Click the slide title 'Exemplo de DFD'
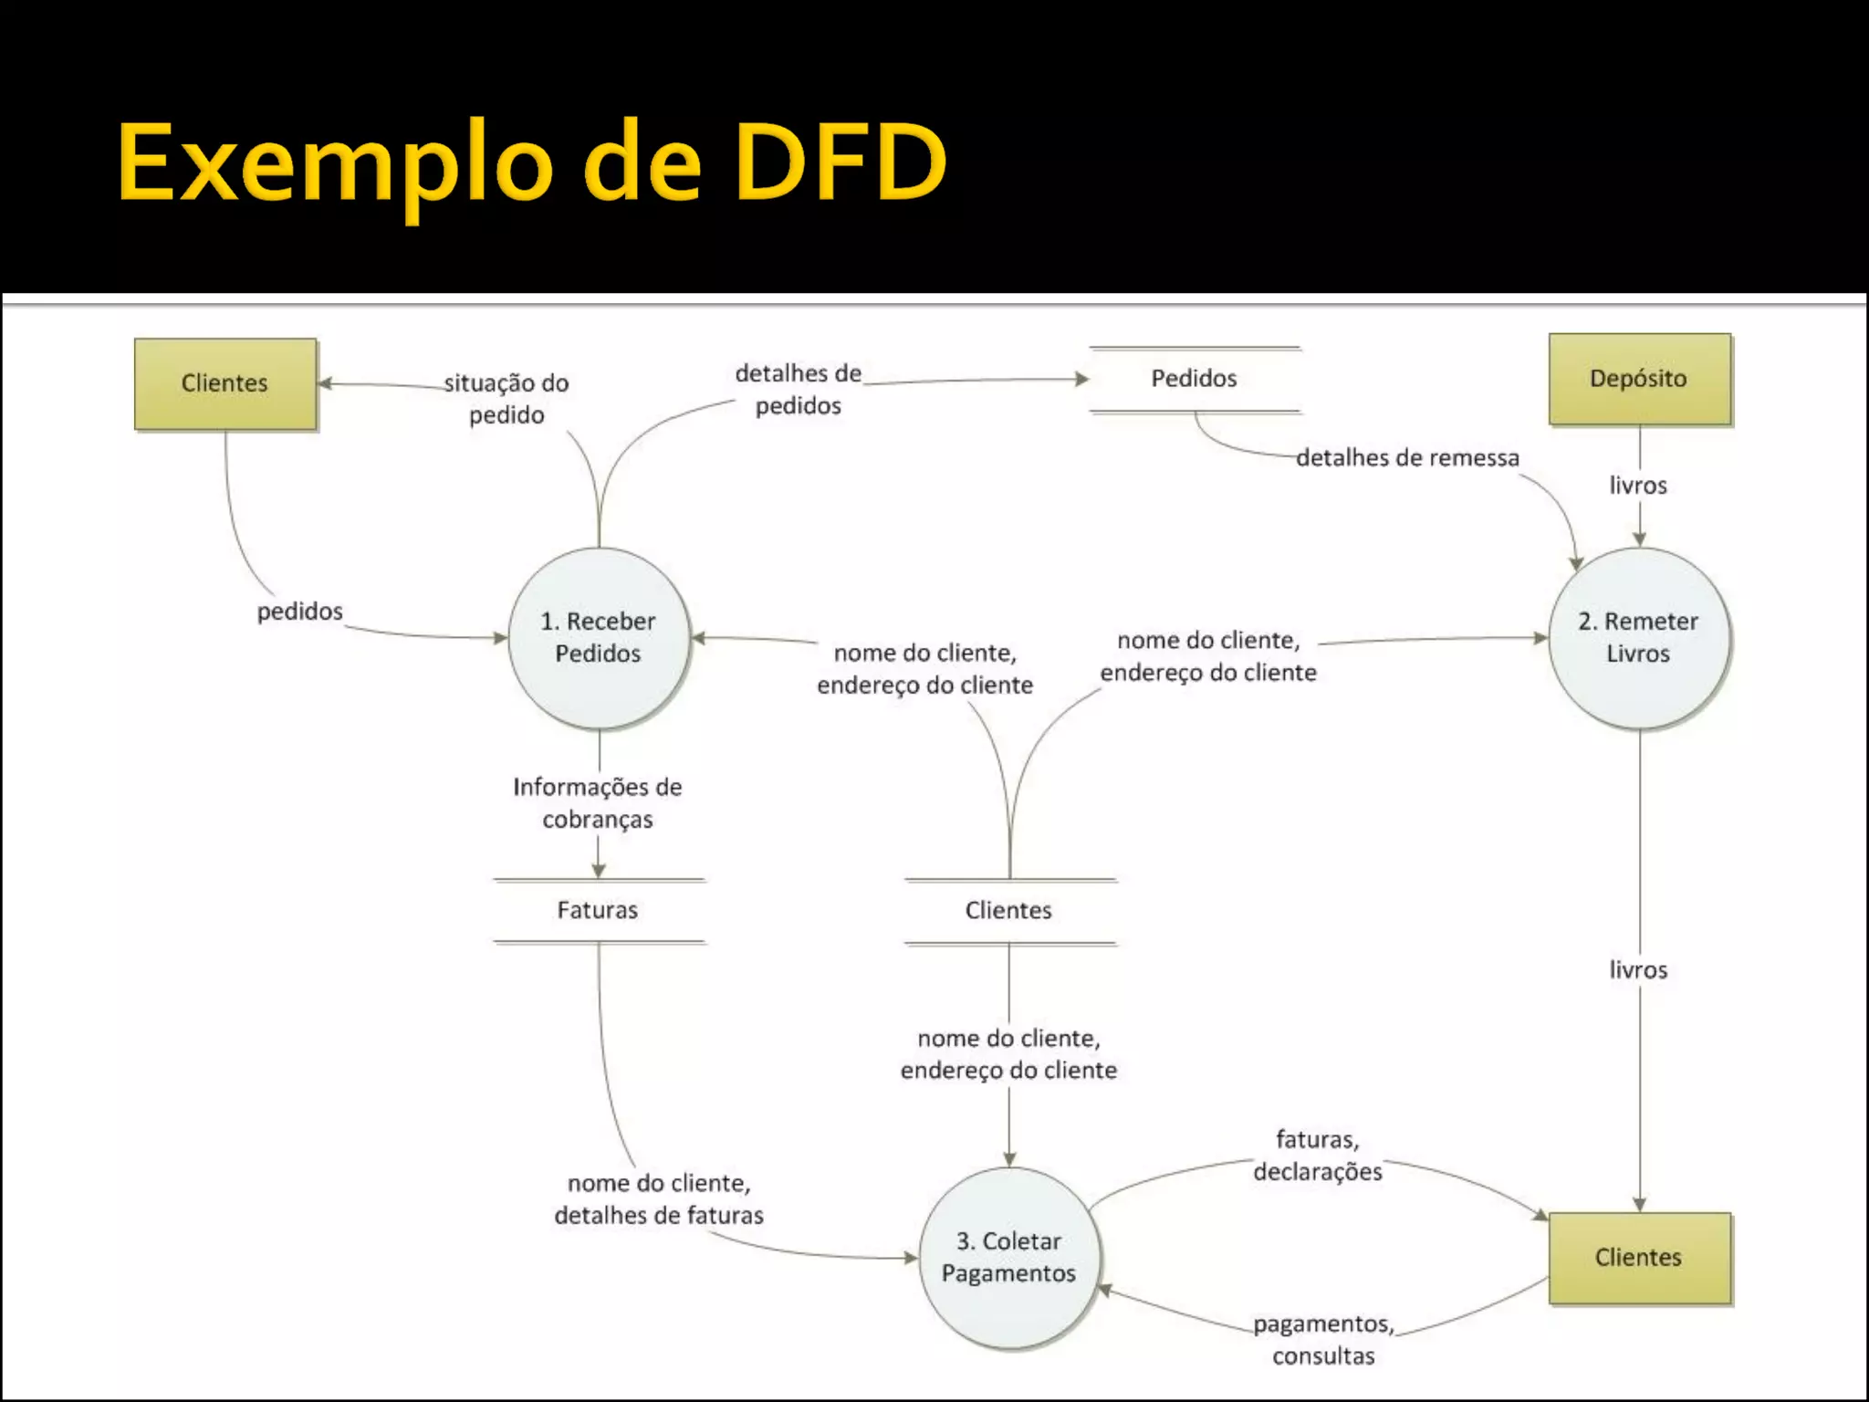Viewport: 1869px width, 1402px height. click(x=531, y=162)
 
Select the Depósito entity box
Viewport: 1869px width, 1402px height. click(x=1639, y=379)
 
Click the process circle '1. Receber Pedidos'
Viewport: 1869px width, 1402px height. click(x=599, y=637)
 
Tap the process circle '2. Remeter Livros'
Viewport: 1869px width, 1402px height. click(x=1639, y=637)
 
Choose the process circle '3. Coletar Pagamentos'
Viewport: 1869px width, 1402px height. click(x=1009, y=1257)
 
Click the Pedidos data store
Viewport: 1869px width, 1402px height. click(x=1194, y=379)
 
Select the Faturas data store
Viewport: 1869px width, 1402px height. click(x=598, y=910)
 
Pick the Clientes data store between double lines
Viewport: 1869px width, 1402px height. click(x=1009, y=910)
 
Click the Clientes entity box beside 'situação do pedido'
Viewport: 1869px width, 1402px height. click(x=225, y=383)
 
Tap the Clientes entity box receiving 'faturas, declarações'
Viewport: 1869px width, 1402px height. click(x=1639, y=1257)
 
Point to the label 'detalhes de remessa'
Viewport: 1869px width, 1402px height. click(x=1407, y=457)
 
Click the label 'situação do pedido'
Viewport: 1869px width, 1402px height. click(x=507, y=399)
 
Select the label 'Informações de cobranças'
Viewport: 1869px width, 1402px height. click(x=598, y=803)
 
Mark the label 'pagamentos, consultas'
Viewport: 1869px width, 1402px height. click(x=1323, y=1339)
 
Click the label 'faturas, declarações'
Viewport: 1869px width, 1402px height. click(x=1318, y=1156)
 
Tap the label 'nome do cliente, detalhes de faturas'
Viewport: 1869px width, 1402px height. click(x=659, y=1199)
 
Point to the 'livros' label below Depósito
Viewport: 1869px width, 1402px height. click(x=1638, y=486)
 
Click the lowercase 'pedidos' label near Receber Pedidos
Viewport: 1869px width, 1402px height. click(x=299, y=611)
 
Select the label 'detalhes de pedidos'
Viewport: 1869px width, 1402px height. click(x=799, y=389)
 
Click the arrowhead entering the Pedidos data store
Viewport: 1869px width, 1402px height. click(x=1082, y=378)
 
